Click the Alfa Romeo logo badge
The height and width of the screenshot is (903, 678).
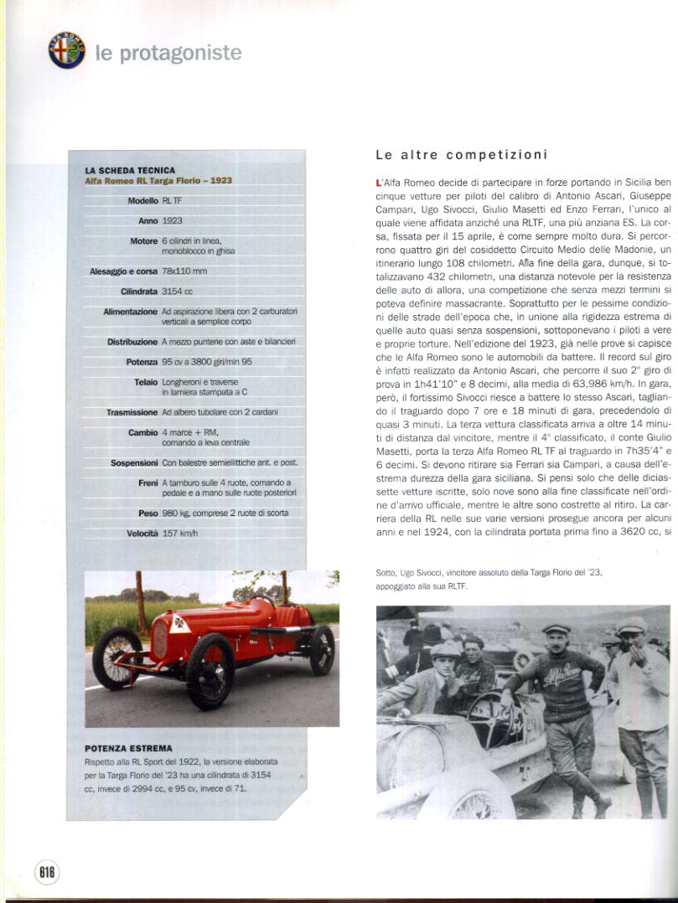point(67,50)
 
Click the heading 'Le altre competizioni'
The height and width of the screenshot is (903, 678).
point(461,155)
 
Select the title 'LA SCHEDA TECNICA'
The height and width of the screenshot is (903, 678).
point(130,170)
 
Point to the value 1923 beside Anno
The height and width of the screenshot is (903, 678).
point(173,221)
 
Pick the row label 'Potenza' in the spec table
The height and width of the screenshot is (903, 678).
point(142,362)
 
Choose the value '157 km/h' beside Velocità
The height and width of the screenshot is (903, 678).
point(180,534)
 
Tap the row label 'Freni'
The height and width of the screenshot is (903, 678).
point(148,483)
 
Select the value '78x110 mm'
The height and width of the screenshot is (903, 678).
point(184,271)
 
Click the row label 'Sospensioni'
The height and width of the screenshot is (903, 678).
point(134,462)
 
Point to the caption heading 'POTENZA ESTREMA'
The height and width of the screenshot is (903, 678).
point(128,748)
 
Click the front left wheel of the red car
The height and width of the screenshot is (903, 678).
point(210,670)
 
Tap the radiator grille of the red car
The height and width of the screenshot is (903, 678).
point(159,638)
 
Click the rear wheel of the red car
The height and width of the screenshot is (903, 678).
point(321,649)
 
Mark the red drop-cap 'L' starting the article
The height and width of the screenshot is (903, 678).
point(380,182)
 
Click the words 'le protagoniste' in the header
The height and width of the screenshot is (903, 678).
point(168,54)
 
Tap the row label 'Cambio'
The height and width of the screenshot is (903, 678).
point(143,432)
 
